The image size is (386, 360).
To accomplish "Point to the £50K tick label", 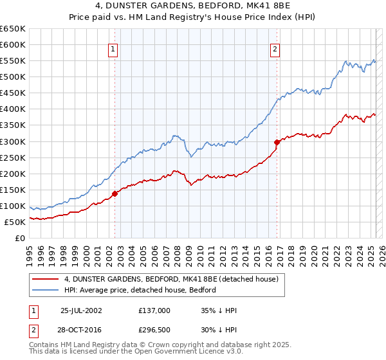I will coord(15,222).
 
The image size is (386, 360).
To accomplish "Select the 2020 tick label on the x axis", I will coord(313,251).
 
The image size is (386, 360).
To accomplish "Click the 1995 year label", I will coord(30,251).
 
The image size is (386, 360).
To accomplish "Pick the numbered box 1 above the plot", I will coord(113,50).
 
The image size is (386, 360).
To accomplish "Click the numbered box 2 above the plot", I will coord(275,50).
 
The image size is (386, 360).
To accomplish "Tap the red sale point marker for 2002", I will coord(115,193).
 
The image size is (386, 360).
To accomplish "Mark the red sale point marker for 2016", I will coord(277,142).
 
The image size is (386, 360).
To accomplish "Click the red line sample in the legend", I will coord(46,280).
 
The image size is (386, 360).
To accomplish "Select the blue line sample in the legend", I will coord(46,290).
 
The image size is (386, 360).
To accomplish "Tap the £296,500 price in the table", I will coord(154,330).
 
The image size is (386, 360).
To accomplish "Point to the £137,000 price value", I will coord(154,310).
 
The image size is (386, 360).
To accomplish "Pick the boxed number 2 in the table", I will coord(32,330).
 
